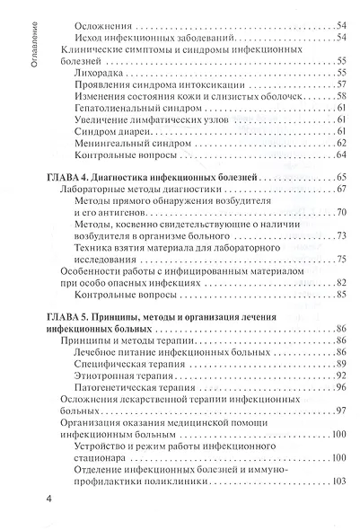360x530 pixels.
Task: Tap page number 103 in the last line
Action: tap(338, 482)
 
